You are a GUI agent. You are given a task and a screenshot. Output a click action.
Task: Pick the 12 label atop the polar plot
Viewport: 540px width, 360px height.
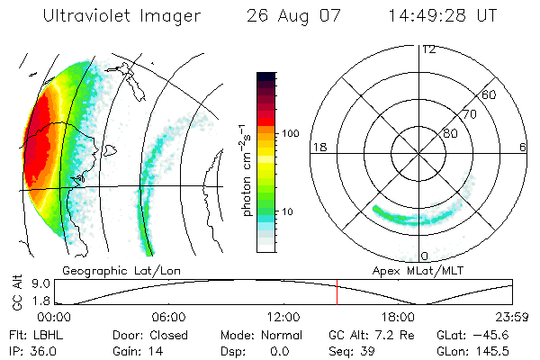coord(428,49)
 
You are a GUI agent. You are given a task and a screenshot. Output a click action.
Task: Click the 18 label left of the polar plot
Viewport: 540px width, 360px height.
coord(318,147)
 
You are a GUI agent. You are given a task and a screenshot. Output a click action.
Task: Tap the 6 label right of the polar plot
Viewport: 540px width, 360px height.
coord(523,147)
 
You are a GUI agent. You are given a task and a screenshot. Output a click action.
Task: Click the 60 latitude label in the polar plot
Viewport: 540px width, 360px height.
coord(490,94)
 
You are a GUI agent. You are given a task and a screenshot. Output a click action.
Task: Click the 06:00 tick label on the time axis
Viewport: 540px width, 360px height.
coord(168,317)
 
